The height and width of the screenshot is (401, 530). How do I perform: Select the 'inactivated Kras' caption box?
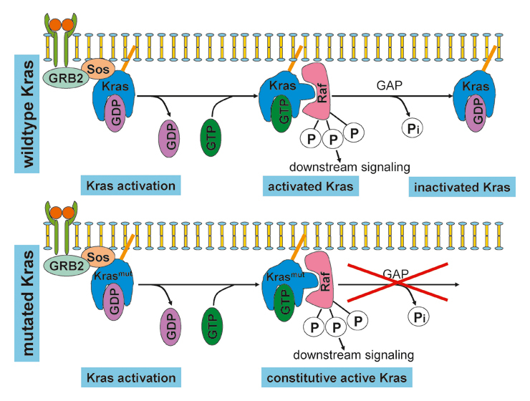[x=462, y=188]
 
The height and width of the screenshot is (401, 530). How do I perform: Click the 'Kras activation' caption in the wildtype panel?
[x=130, y=187]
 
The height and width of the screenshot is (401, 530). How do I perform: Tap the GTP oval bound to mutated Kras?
[x=284, y=304]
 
